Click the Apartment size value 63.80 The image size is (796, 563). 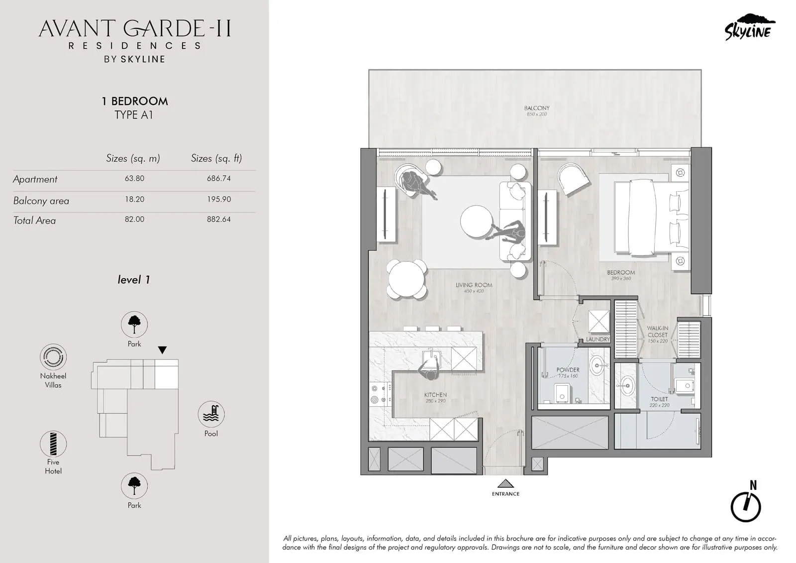(x=134, y=178)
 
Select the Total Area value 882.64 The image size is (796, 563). (x=219, y=219)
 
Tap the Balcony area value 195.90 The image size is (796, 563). (x=219, y=199)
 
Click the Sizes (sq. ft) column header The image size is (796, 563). (x=216, y=158)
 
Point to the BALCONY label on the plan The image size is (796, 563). (x=537, y=108)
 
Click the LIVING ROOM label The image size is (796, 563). (x=474, y=285)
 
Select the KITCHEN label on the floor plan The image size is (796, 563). (x=435, y=395)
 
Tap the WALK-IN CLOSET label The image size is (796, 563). (x=657, y=332)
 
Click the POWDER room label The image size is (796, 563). (x=568, y=370)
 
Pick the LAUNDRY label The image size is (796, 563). (x=597, y=339)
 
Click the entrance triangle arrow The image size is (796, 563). (x=505, y=483)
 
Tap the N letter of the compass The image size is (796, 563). (x=753, y=485)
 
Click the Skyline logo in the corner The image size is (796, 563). (x=749, y=27)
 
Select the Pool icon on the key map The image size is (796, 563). (x=211, y=414)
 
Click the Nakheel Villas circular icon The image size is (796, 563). (x=53, y=357)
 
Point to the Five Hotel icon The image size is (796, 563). (x=53, y=444)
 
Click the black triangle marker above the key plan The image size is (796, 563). (x=162, y=350)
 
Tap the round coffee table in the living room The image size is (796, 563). (x=477, y=221)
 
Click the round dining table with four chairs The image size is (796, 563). (x=407, y=279)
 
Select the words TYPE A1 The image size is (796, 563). (x=134, y=115)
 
